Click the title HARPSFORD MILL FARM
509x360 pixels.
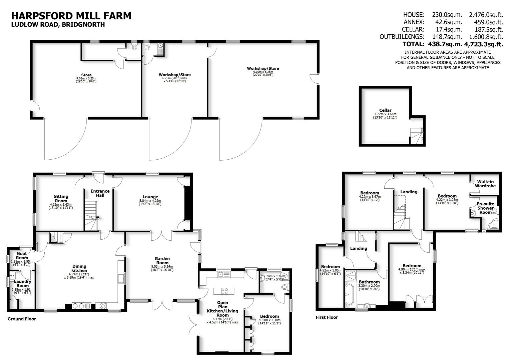coord(71,16)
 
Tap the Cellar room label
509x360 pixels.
coord(385,110)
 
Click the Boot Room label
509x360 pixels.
coord(22,256)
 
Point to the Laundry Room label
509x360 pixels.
coord(23,284)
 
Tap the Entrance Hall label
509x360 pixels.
coord(100,193)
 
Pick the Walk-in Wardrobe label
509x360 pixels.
coord(486,184)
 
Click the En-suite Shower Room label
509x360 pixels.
coord(485,208)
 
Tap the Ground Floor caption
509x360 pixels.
coord(22,319)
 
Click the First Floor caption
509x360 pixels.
coord(327,317)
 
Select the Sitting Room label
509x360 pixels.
coord(61,199)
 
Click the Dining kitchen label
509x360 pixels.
coord(79,268)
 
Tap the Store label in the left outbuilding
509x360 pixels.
coord(86,75)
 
